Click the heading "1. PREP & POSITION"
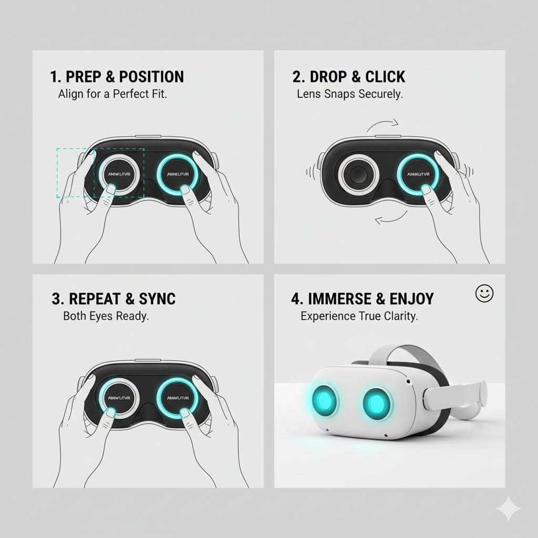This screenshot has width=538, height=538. pos(117,77)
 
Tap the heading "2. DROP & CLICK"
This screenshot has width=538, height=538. pos(349,77)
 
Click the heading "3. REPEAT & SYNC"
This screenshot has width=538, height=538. pos(114,299)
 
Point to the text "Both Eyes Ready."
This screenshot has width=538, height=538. pos(106,317)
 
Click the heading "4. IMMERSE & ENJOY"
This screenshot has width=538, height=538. pos(363,299)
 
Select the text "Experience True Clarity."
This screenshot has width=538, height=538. pos(359,317)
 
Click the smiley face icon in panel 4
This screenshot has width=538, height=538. pos(484,294)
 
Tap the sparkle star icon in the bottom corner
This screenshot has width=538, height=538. pos(509,509)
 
